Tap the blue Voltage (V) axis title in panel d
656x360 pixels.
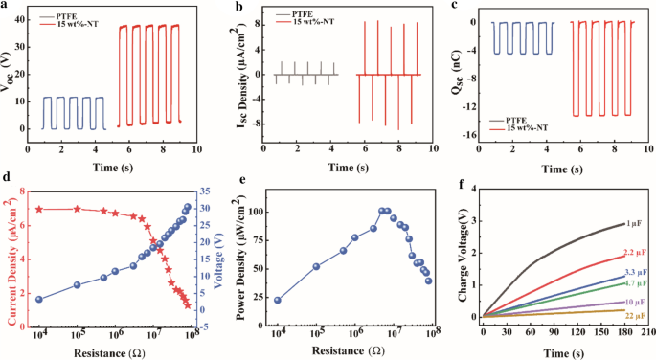click(218, 251)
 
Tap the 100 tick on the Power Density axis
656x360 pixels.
click(250, 210)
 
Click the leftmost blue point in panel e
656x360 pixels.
click(278, 300)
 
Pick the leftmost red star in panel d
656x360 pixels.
click(39, 209)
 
